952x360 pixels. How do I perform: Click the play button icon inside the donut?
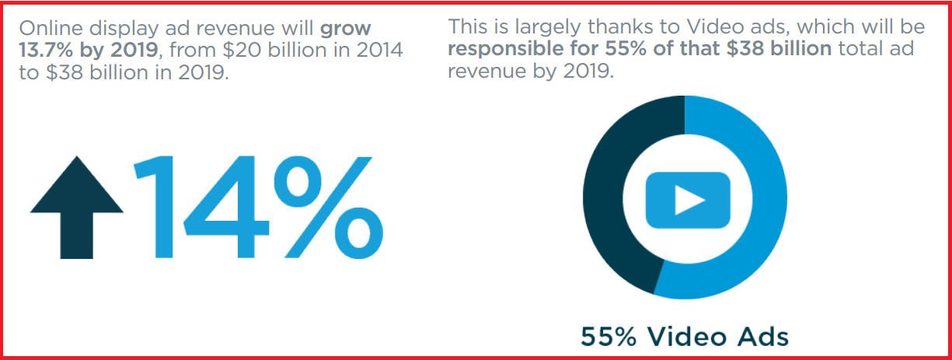688,200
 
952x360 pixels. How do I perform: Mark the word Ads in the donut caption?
762,337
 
